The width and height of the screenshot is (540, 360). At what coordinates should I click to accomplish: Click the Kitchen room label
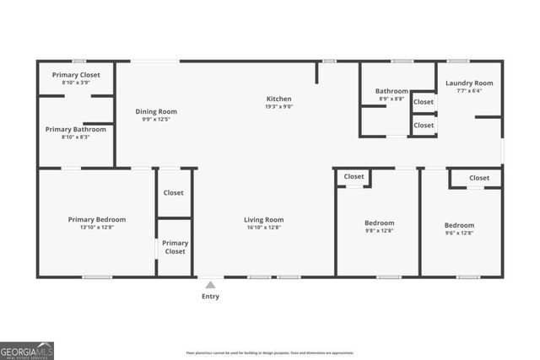279,99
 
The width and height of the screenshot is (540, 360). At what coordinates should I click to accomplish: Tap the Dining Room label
156,111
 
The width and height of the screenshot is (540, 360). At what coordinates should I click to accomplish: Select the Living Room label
264,220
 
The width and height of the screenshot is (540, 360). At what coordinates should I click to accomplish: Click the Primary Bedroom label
97,219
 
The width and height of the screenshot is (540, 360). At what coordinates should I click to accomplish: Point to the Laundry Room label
469,83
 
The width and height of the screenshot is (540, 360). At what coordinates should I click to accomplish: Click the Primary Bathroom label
76,129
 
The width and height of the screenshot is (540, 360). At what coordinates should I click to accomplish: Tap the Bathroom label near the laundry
391,91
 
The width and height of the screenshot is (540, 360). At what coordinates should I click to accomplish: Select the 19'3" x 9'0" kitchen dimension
279,107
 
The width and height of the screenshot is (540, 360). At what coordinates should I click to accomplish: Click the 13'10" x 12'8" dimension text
97,228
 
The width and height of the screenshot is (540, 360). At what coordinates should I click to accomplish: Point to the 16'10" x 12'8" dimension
264,228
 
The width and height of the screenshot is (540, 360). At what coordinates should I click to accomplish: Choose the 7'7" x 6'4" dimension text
469,91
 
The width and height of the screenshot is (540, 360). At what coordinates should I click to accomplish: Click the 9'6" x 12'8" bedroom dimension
460,234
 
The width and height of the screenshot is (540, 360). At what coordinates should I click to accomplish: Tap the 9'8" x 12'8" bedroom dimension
380,231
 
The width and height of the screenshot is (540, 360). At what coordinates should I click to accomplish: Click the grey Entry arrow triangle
210,285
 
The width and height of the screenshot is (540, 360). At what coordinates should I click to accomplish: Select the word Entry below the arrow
210,296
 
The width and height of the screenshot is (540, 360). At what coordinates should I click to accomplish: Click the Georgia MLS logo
27,350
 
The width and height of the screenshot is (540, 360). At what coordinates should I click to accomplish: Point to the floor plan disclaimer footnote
270,352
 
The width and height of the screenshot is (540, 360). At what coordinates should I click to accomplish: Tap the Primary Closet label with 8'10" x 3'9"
76,75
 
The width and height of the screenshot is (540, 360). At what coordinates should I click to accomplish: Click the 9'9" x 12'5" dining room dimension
156,119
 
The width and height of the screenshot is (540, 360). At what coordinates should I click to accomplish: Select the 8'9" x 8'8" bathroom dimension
391,99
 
